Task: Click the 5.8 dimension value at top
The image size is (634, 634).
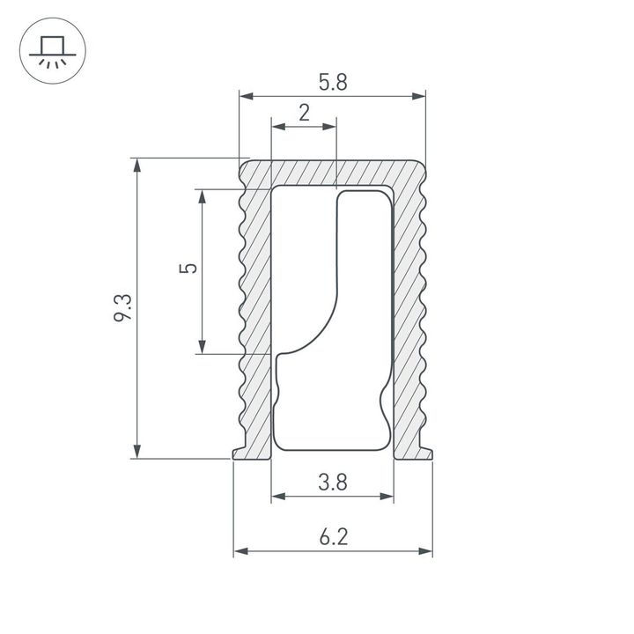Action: (x=333, y=83)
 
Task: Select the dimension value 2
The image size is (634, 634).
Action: (x=304, y=113)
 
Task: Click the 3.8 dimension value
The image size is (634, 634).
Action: (x=332, y=482)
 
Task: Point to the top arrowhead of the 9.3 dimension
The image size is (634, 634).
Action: (x=136, y=165)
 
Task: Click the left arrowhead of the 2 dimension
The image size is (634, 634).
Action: (x=276, y=128)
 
